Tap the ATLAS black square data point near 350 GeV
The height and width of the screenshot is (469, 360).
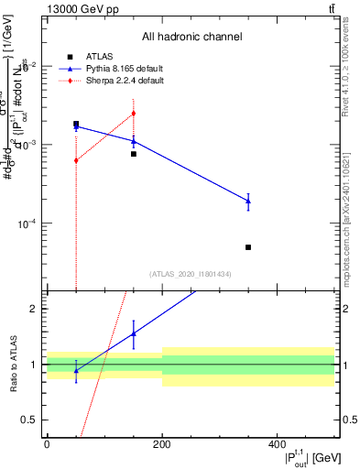(248, 247)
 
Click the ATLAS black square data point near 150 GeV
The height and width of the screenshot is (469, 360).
(134, 154)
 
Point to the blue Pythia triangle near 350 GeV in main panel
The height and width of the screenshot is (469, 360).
(248, 201)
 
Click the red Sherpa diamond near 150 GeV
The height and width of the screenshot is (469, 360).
(134, 114)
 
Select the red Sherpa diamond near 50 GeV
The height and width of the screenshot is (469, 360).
(76, 160)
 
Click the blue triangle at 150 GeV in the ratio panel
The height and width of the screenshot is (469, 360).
(134, 333)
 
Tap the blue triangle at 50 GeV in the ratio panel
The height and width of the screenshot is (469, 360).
(76, 370)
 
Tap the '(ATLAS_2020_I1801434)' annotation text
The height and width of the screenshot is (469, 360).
(191, 274)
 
